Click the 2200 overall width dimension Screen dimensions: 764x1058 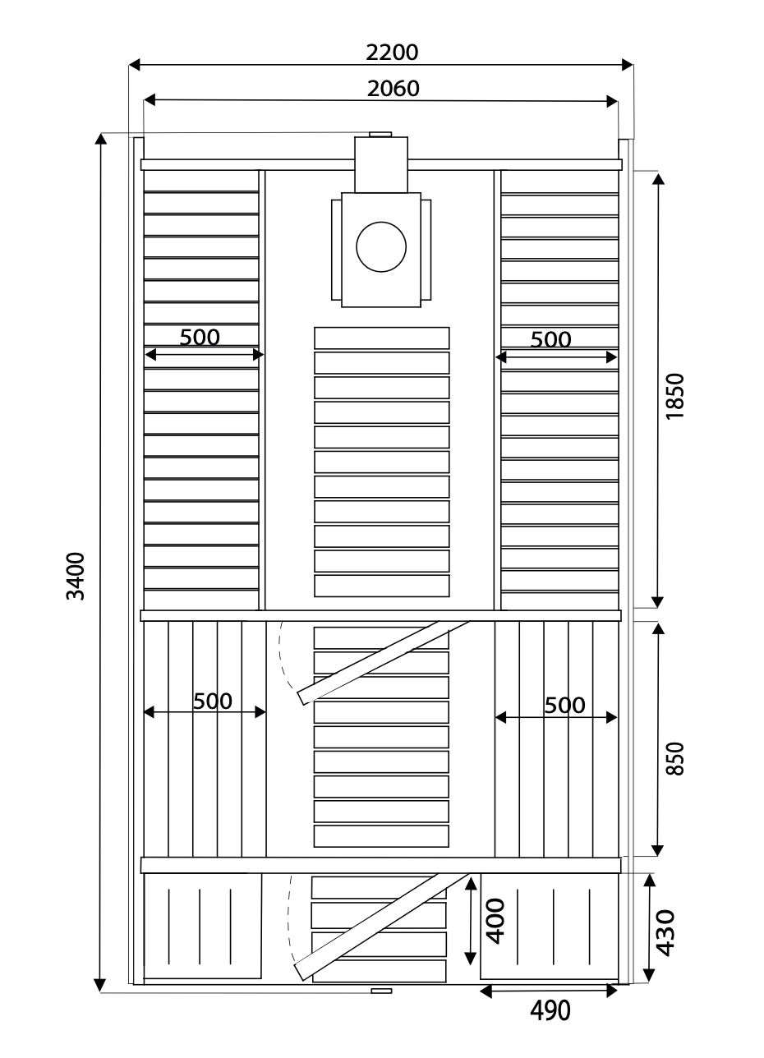tap(392, 53)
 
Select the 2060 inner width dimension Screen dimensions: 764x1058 tap(394, 89)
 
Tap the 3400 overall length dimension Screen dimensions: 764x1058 tap(75, 576)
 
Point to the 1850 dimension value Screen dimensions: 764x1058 tap(674, 396)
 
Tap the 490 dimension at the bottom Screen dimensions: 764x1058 tap(550, 1010)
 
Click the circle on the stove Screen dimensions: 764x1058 tap(381, 246)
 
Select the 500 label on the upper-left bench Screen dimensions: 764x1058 tap(200, 338)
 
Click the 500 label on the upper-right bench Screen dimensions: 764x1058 tap(551, 339)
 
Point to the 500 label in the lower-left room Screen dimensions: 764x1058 tap(213, 701)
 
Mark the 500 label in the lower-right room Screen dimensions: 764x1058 tap(564, 706)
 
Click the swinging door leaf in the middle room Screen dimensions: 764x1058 tap(383, 663)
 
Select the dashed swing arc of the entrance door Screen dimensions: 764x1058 tap(288, 918)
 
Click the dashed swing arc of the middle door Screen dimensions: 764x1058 tap(282, 656)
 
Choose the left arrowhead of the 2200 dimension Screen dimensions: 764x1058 tap(135, 65)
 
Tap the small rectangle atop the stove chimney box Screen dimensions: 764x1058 tap(380, 134)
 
